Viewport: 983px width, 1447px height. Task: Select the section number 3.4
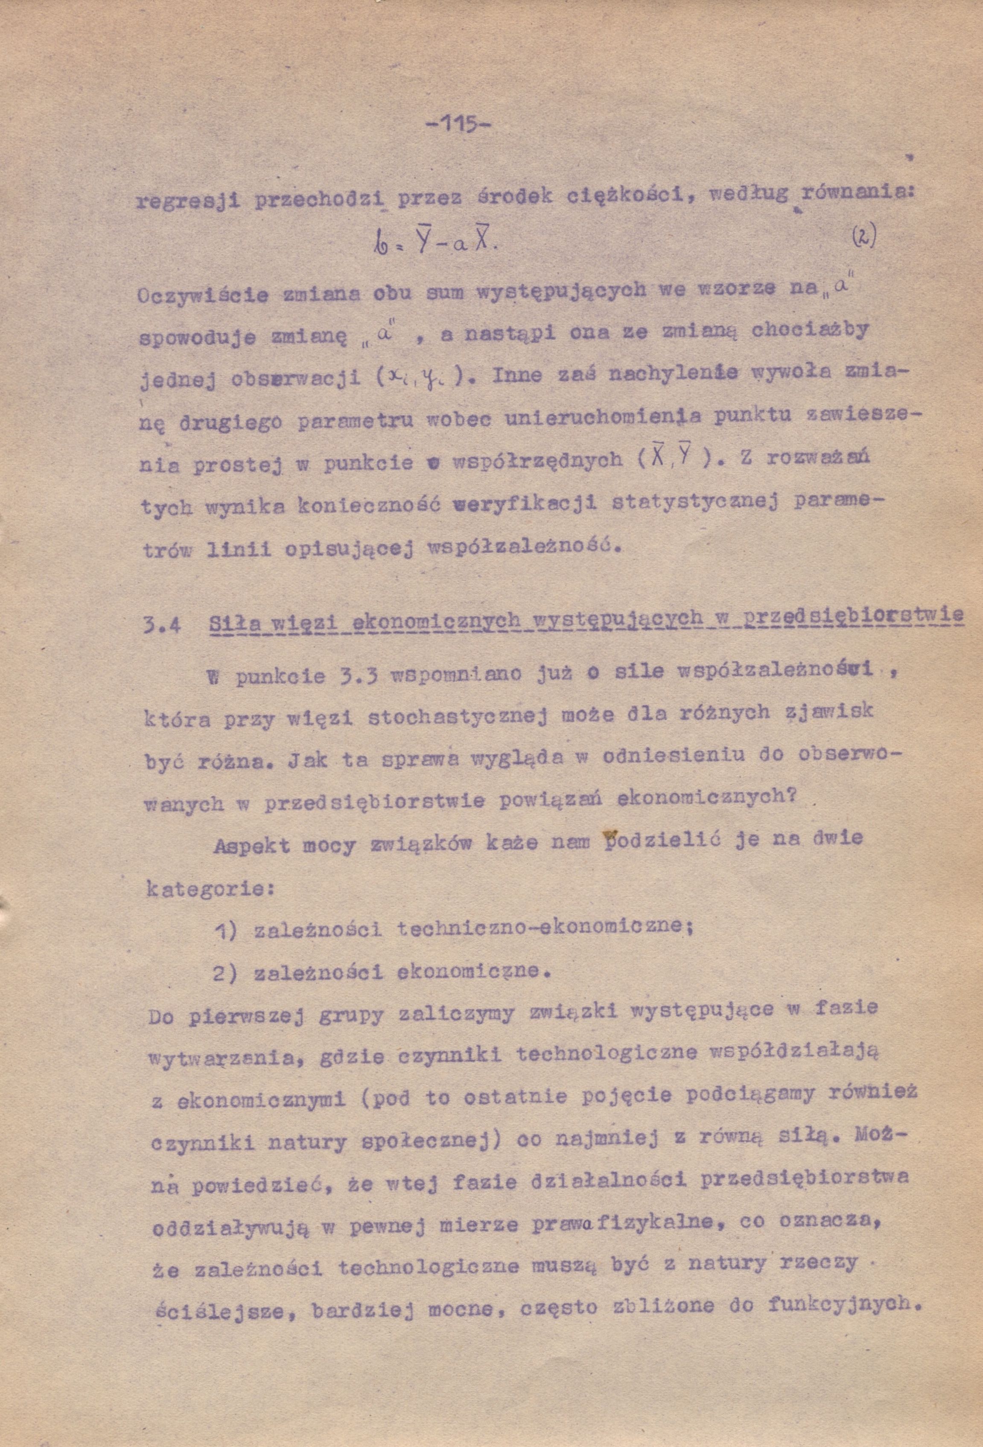(163, 624)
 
